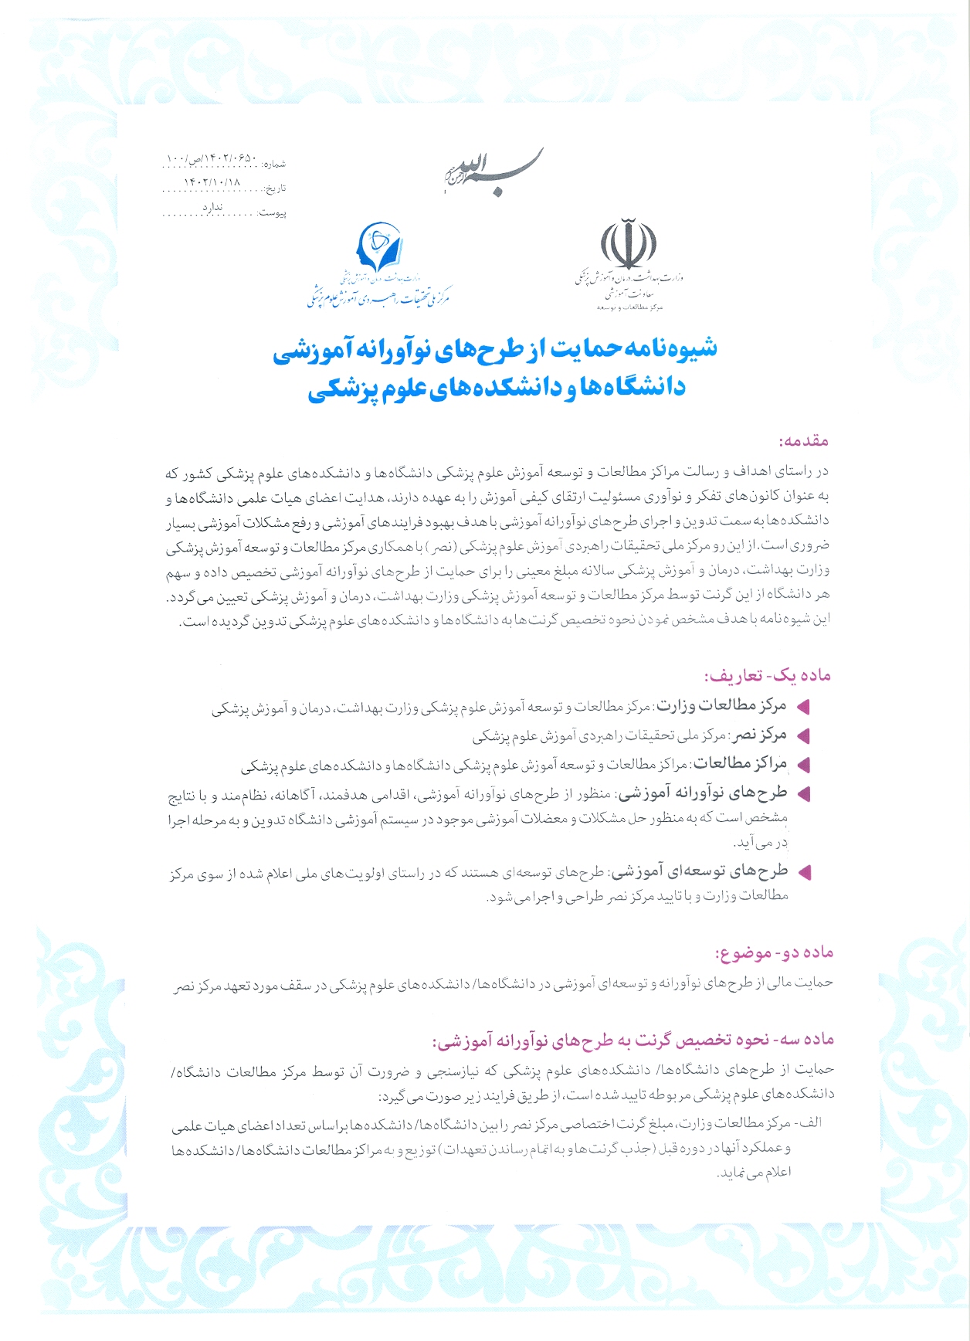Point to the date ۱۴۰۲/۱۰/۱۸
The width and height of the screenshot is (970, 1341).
[212, 183]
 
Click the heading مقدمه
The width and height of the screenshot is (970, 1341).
[804, 441]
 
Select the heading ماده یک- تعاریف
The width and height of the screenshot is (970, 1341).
[767, 675]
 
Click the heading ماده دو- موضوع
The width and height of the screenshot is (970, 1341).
[775, 953]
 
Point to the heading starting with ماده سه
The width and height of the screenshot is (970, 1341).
[633, 1040]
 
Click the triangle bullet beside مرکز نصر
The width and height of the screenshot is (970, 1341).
[803, 735]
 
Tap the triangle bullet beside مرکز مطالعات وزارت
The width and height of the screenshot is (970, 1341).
[803, 706]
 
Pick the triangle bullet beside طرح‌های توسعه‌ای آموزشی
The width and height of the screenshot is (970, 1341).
[804, 873]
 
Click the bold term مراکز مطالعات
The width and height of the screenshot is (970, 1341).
[741, 764]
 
